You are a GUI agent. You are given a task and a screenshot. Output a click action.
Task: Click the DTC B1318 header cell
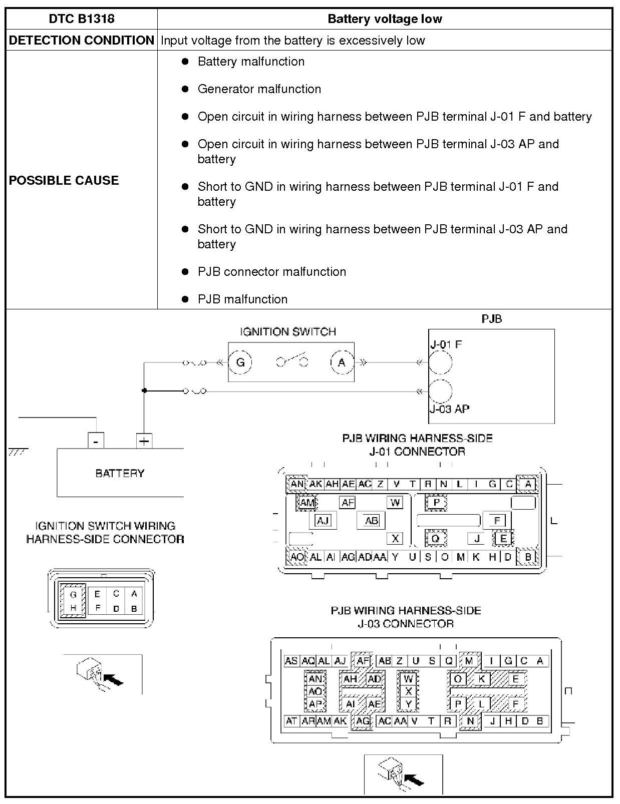[x=82, y=19]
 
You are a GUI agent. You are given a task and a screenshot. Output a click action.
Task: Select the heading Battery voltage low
[x=384, y=19]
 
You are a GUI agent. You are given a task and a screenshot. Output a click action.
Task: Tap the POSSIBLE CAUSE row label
[x=64, y=180]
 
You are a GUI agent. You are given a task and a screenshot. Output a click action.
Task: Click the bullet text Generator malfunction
[x=259, y=89]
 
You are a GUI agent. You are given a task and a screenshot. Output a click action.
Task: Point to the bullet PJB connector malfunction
[x=271, y=272]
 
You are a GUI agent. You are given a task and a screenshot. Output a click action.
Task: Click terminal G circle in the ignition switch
[x=240, y=362]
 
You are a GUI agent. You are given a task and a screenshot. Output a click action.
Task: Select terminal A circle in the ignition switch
[x=342, y=362]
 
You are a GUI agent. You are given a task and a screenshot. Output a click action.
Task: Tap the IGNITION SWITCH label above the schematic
[x=287, y=331]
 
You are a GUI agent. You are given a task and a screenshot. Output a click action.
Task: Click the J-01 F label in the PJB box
[x=446, y=344]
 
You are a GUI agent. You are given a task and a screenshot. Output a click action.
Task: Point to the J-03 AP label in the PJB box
[x=449, y=409]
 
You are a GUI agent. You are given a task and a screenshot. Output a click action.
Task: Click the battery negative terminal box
[x=96, y=441]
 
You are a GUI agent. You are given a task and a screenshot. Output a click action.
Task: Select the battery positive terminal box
[x=144, y=441]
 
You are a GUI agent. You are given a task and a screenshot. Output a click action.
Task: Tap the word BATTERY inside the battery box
[x=120, y=473]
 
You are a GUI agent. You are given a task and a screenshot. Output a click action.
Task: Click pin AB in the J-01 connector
[x=371, y=521]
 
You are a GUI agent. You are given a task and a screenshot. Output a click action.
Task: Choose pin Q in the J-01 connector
[x=435, y=539]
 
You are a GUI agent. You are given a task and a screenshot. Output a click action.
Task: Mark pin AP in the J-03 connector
[x=315, y=704]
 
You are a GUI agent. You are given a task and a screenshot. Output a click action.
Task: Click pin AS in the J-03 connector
[x=291, y=661]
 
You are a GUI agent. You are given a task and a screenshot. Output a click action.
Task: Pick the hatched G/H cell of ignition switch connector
[x=73, y=601]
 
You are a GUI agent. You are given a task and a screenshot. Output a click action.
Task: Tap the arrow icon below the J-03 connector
[x=404, y=774]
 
